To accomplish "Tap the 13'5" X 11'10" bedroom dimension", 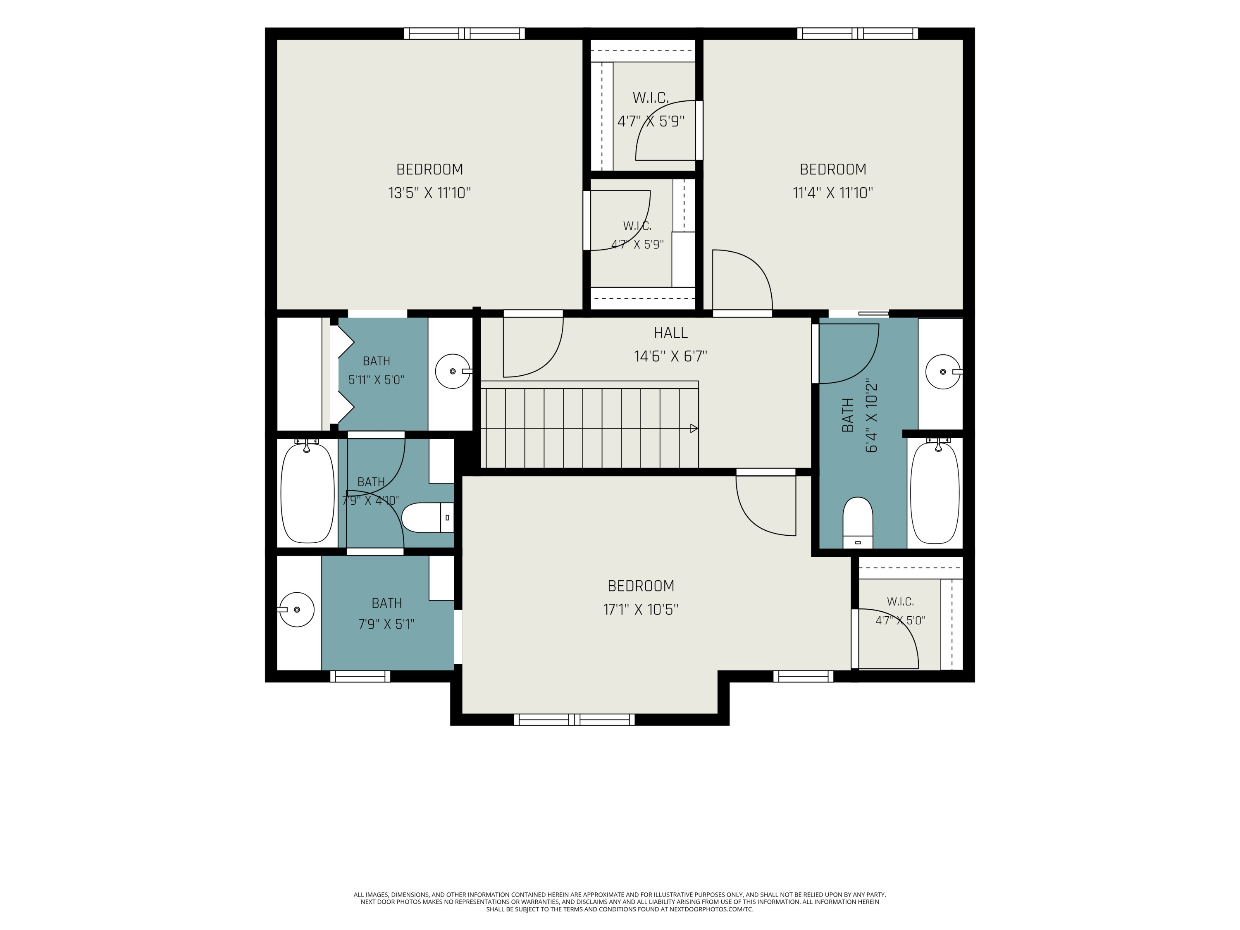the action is pos(429,193).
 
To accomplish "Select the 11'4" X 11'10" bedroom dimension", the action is pos(833,193).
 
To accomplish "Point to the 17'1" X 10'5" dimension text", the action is pos(641,609).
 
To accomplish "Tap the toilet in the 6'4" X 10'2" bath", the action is pos(858,522).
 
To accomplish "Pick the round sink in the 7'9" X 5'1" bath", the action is pos(296,609).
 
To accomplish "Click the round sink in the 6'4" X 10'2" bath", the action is pos(944,372).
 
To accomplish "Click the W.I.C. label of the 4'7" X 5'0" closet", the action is pos(900,601).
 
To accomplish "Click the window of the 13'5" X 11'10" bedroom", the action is pos(464,33).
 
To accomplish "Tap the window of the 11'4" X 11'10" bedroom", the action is pos(858,33).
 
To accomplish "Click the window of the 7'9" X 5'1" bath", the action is pos(360,677).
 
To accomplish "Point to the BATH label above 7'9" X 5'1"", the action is pos(387,603).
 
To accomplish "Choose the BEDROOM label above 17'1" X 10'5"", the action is pos(641,586).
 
